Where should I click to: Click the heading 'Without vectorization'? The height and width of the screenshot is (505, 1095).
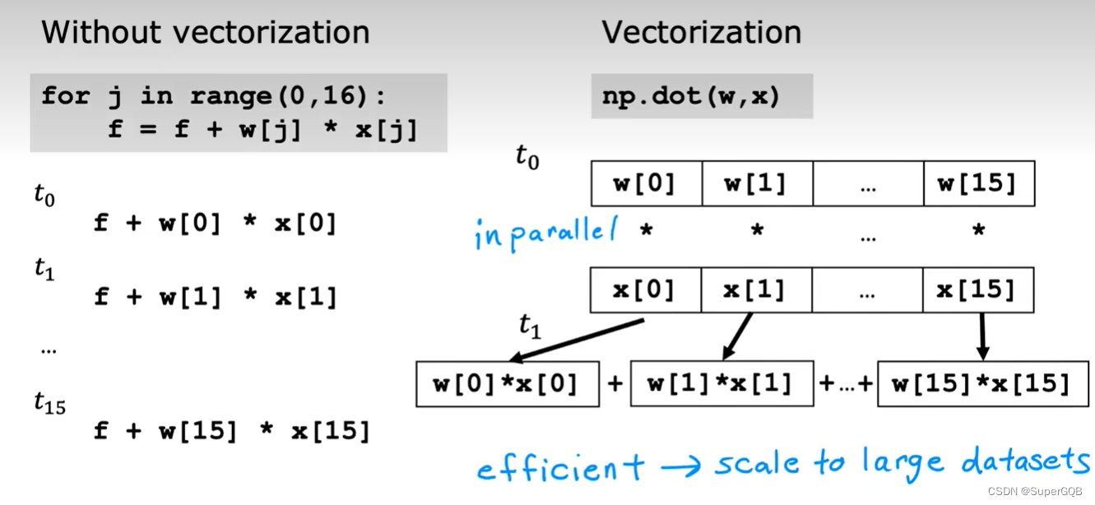205,33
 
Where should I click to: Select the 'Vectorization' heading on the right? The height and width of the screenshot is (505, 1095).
701,33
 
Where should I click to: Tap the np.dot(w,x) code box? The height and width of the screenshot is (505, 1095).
702,96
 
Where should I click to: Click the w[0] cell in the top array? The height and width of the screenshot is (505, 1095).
646,183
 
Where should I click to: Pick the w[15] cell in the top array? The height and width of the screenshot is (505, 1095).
978,183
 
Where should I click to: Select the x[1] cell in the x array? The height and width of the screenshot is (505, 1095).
756,290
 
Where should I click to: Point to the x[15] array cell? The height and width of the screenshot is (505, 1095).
977,290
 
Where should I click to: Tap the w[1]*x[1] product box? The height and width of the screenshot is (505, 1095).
721,383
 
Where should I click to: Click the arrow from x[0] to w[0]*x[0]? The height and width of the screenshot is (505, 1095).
576,341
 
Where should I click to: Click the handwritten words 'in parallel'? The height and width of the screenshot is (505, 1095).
545,234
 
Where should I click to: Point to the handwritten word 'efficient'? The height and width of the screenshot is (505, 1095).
560,469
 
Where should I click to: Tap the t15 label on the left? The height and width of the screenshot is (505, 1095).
49,402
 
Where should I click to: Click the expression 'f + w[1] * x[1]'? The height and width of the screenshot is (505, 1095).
216,297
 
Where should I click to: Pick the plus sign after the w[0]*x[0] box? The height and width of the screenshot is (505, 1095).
615,383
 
